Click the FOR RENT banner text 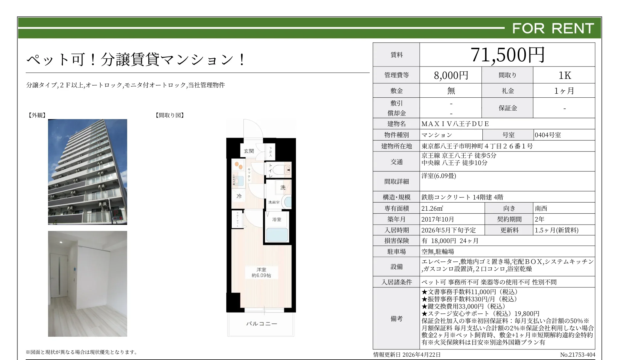tap(553, 28)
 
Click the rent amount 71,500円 tap(507, 55)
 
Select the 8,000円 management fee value tap(451, 75)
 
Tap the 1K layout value tap(564, 75)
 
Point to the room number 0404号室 tap(548, 135)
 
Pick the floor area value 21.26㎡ tap(432, 209)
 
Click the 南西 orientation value tap(541, 209)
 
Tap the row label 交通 tap(397, 162)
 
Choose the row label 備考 tap(397, 319)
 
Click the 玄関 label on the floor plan tap(249, 151)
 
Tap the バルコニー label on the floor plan tap(261, 324)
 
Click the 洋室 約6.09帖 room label tap(261, 272)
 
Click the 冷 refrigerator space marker tap(239, 196)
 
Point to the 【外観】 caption tap(37, 115)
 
